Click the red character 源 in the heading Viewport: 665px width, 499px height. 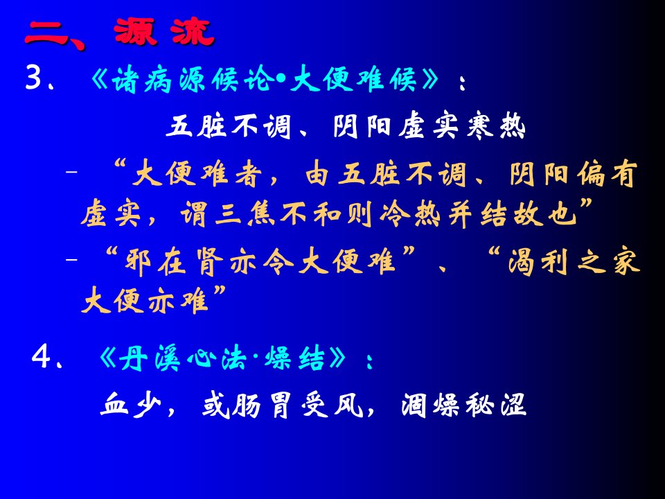click(135, 32)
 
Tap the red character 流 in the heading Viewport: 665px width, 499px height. click(193, 32)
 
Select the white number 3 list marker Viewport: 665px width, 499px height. click(33, 77)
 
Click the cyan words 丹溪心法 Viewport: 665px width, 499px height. click(183, 358)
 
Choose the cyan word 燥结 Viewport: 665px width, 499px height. click(294, 358)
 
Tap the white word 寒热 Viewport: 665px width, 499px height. click(496, 126)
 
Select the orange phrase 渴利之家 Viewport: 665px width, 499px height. click(574, 262)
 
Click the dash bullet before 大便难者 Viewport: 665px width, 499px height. click(71, 173)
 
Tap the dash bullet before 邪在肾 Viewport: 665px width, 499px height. click(71, 259)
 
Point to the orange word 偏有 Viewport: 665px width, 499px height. click(608, 173)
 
